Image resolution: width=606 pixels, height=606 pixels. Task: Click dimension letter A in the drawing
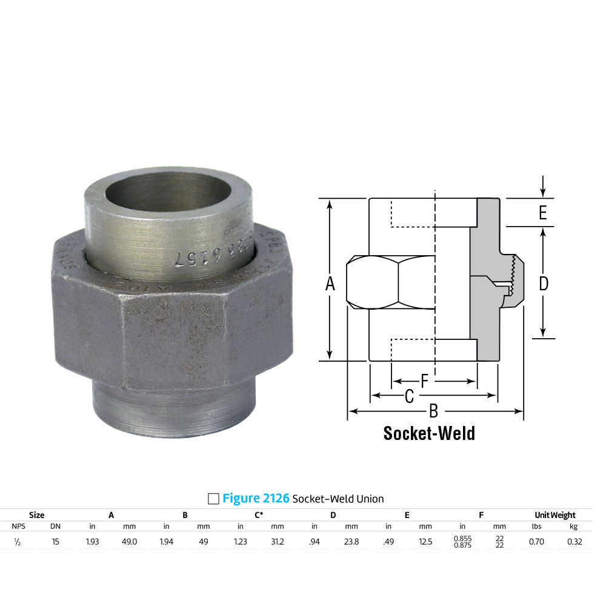[x=330, y=284]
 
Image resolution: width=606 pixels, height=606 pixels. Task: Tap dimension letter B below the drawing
[x=433, y=411]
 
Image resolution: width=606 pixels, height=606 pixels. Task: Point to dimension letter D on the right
[x=544, y=283]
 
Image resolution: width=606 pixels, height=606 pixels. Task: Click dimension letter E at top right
[x=543, y=213]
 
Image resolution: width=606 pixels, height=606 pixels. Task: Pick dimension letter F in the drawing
[x=424, y=381]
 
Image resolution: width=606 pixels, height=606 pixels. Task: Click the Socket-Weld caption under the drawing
[x=429, y=433]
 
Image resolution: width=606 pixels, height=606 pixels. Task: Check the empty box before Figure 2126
[x=213, y=499]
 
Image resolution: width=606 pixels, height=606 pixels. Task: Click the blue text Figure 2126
[x=256, y=499]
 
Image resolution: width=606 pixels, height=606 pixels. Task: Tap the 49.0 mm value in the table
[x=130, y=542]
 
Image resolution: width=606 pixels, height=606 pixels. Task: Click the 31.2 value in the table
[x=277, y=542]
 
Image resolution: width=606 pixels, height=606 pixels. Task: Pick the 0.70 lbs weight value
[x=535, y=542]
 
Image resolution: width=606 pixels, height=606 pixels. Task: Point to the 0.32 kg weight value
[x=574, y=542]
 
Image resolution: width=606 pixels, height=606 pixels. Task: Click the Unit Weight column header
[x=555, y=515]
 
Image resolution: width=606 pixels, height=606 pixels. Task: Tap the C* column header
[x=259, y=515]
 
